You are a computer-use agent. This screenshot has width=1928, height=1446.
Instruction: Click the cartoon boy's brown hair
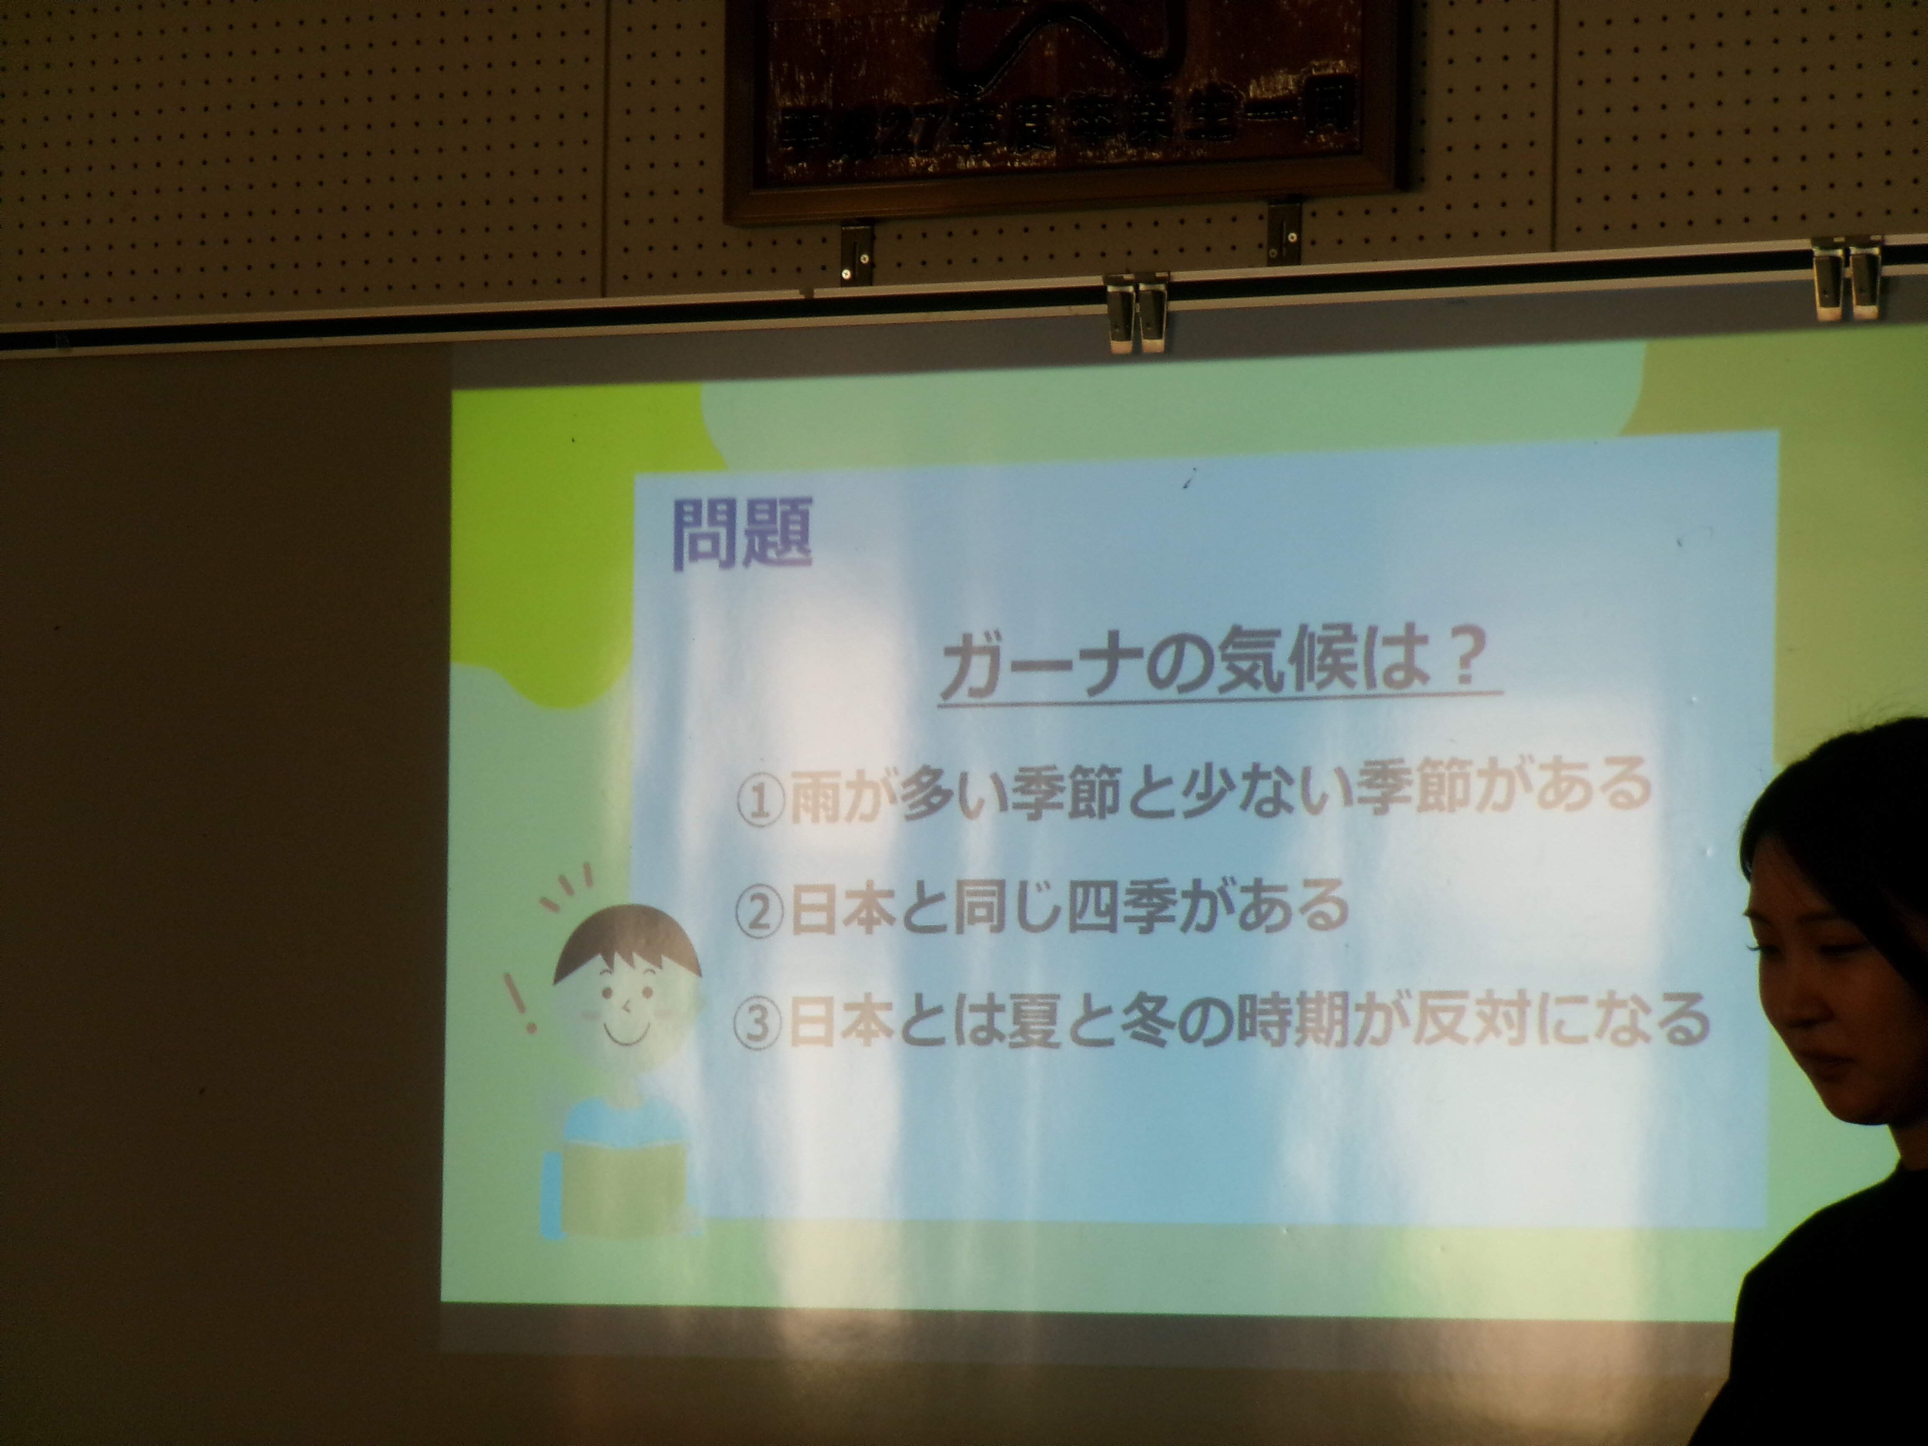[x=626, y=941]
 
